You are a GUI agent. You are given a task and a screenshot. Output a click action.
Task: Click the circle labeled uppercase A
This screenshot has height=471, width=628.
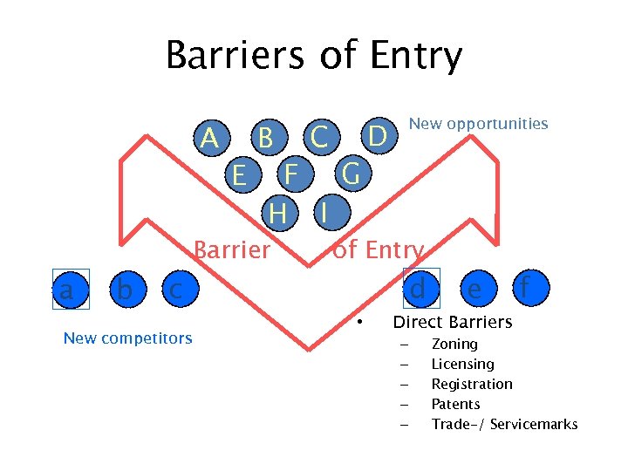(x=209, y=138)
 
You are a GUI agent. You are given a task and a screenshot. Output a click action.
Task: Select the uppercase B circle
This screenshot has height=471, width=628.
(x=266, y=138)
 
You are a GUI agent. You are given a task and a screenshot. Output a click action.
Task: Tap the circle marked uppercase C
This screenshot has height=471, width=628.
(x=320, y=137)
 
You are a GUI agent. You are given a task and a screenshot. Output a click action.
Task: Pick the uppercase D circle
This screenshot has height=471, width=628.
(x=377, y=136)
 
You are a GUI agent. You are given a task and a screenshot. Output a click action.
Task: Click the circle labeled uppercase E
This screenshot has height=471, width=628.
(x=238, y=175)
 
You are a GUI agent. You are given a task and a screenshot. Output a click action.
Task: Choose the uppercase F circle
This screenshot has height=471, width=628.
(x=293, y=174)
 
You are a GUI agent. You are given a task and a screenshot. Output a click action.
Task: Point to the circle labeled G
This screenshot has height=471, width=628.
(x=351, y=174)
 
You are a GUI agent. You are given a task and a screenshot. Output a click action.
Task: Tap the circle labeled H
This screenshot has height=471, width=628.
(x=278, y=212)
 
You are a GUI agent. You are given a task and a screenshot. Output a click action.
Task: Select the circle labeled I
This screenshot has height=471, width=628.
(x=324, y=212)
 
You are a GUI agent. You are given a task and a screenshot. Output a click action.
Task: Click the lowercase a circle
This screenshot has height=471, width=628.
(x=66, y=289)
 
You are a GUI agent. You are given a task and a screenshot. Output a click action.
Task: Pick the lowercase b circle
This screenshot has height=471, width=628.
(x=125, y=289)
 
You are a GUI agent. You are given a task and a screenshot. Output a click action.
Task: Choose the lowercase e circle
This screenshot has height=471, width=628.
(x=474, y=289)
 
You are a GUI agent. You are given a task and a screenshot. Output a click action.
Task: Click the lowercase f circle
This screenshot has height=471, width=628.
(x=526, y=287)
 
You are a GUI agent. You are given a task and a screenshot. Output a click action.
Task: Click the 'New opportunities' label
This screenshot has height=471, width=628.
(x=478, y=124)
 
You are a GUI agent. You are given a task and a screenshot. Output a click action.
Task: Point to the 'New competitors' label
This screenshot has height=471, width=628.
(x=127, y=338)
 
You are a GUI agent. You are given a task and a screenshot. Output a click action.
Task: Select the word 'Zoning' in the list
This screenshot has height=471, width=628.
(x=454, y=345)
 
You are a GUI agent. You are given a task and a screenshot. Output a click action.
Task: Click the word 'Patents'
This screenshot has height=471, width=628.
(x=455, y=404)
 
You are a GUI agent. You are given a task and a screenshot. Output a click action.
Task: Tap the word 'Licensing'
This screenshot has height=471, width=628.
(x=462, y=365)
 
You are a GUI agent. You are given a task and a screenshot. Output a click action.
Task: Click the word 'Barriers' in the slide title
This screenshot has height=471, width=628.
(x=235, y=56)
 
